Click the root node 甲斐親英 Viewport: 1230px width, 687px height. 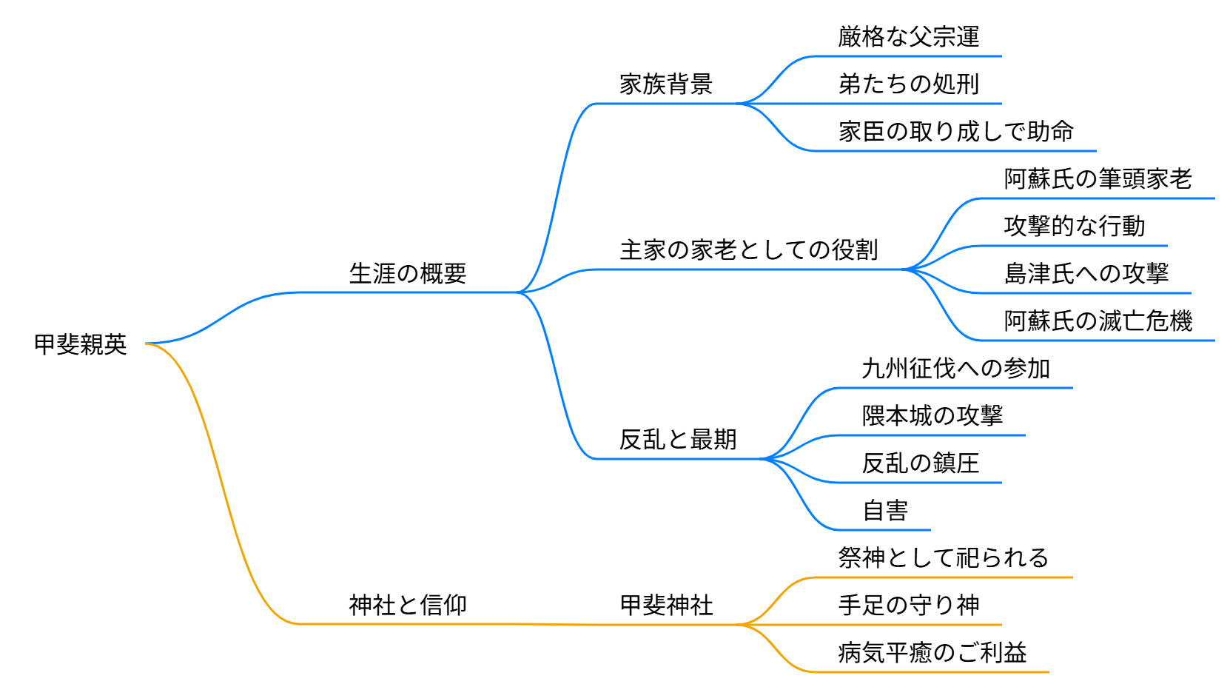pyautogui.click(x=81, y=344)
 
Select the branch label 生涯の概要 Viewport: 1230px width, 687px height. pyautogui.click(x=408, y=274)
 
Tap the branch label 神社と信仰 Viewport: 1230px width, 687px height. pyautogui.click(x=408, y=606)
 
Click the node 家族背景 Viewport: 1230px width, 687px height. pyautogui.click(x=666, y=84)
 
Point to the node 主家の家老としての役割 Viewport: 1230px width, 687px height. pyautogui.click(x=749, y=250)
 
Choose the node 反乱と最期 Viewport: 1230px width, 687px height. pyautogui.click(x=678, y=440)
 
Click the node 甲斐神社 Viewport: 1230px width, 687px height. pyautogui.click(x=666, y=606)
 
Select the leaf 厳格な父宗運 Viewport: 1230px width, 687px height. pyautogui.click(x=909, y=37)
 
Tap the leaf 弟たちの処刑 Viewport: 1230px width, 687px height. pyautogui.click(x=909, y=84)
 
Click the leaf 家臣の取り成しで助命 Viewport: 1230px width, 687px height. pyautogui.click(x=956, y=132)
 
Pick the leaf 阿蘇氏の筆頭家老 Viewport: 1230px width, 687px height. pyautogui.click(x=1098, y=179)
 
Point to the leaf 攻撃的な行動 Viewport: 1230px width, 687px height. pyautogui.click(x=1075, y=227)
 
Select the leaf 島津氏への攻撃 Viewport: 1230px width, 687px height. pyautogui.click(x=1086, y=274)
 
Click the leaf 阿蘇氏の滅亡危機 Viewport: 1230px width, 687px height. pyautogui.click(x=1098, y=321)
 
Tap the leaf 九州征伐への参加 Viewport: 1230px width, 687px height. pyautogui.click(x=956, y=369)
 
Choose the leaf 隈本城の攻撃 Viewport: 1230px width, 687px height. pyautogui.click(x=932, y=416)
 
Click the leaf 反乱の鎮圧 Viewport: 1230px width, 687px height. pyautogui.click(x=921, y=463)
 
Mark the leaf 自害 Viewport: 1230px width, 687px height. pyautogui.click(x=885, y=511)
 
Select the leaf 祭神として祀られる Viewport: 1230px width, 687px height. pyautogui.click(x=944, y=558)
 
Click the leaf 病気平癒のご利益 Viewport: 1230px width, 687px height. pyautogui.click(x=932, y=653)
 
